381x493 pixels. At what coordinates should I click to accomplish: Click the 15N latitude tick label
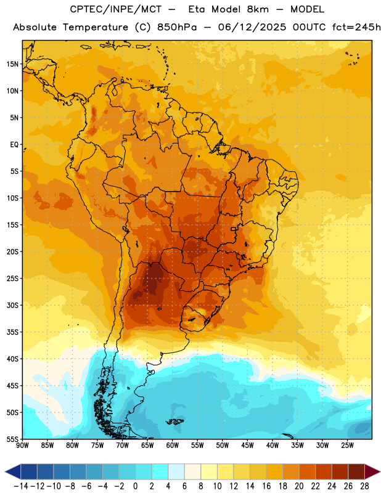point(12,64)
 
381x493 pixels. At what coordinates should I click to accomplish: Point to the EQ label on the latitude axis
point(14,145)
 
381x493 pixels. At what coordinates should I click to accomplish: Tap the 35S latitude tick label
point(12,332)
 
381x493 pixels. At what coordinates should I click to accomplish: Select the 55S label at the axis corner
point(12,439)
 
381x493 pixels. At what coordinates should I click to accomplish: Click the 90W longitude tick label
point(22,445)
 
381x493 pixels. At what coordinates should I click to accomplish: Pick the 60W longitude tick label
point(173,445)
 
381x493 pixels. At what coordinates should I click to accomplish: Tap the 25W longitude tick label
point(347,445)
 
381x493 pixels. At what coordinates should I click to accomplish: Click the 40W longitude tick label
point(272,445)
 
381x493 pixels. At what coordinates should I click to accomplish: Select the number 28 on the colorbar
point(364,486)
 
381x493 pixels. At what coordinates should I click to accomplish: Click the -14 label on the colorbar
point(21,486)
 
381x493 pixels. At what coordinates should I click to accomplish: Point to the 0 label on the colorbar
point(135,486)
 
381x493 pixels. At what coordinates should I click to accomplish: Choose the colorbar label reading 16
point(266,486)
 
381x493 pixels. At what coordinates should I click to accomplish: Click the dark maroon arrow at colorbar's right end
point(372,471)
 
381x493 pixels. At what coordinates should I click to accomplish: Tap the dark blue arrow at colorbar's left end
point(13,471)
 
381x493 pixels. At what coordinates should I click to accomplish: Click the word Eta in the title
point(197,9)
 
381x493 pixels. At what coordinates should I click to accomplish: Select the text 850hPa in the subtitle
point(177,27)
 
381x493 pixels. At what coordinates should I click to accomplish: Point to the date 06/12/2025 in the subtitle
point(252,27)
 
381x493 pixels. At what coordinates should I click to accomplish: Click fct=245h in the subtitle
point(356,27)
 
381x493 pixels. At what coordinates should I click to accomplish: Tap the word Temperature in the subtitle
point(95,27)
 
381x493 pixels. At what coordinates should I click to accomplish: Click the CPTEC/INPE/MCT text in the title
point(116,9)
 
